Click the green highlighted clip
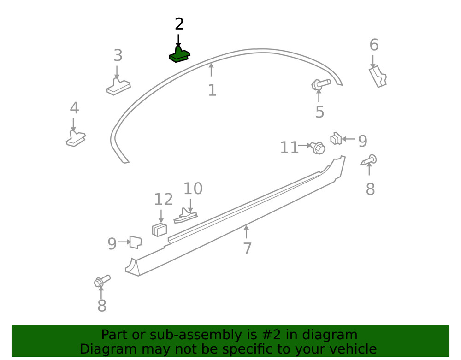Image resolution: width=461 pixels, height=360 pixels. point(179,55)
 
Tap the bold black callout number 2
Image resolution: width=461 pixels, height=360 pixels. point(179,24)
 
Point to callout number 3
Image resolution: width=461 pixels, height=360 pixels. point(118,55)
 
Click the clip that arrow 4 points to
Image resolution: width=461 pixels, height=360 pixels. point(76,138)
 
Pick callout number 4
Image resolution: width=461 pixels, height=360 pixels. point(74,108)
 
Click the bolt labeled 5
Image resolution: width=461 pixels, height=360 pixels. point(321,84)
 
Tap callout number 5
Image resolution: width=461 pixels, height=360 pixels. point(320,112)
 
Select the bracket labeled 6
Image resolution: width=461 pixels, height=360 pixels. point(378,77)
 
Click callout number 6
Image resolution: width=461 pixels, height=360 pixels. point(374,45)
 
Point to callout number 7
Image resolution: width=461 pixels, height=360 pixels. point(247,248)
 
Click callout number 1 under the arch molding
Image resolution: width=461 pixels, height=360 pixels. point(212,90)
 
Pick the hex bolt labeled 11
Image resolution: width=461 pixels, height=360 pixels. point(318,148)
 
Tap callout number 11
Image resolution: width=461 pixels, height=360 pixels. point(290,147)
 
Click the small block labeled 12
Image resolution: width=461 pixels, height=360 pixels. point(160,230)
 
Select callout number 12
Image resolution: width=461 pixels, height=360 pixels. point(164,199)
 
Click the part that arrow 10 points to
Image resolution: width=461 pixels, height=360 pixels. point(185,216)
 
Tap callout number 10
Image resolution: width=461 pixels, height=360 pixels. point(193,189)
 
